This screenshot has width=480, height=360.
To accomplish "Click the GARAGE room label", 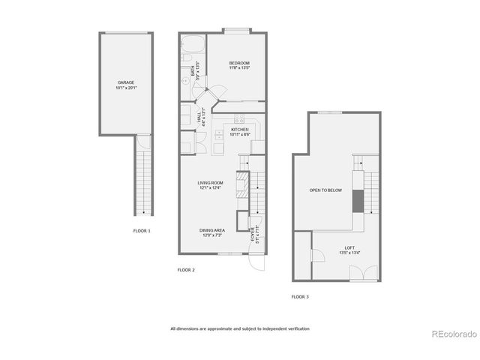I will pos(126,82).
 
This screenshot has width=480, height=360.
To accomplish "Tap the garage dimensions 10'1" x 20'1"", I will pos(126,88).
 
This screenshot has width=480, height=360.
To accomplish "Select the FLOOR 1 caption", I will pos(141,230).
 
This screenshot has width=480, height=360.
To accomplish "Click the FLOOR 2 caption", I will pos(186,269).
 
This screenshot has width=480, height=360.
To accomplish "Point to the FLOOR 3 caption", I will pos(299,297).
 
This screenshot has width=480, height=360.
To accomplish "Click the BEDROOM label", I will pos(239,63).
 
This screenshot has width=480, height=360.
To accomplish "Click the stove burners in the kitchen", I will pos(239,119).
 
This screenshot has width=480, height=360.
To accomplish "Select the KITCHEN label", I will pos(239,130).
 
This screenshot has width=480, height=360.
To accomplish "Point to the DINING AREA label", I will pos(211,230).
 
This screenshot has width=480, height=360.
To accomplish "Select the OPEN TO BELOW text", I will pos(325,190).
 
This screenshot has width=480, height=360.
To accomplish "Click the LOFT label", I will pos(349,247).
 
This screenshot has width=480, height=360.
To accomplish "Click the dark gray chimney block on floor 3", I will pos(358,201).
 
